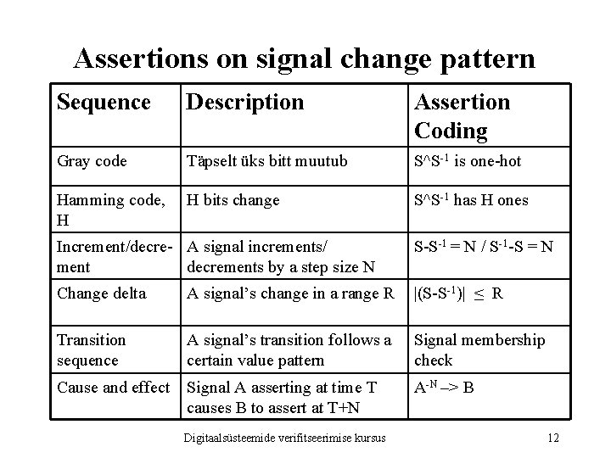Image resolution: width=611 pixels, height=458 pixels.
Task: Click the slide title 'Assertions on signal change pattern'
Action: tap(305, 58)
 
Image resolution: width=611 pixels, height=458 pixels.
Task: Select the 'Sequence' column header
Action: tap(103, 103)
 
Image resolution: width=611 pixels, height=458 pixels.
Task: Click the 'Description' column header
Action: tap(244, 103)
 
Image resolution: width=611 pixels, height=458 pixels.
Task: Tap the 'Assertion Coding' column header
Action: tap(462, 116)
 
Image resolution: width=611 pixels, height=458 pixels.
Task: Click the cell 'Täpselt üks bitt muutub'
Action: tap(266, 161)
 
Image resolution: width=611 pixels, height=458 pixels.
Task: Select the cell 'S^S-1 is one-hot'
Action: tap(468, 161)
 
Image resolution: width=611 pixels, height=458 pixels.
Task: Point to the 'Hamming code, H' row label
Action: tap(110, 209)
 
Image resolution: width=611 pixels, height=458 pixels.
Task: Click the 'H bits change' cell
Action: tap(233, 200)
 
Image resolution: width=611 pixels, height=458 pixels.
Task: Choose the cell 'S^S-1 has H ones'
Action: tap(470, 200)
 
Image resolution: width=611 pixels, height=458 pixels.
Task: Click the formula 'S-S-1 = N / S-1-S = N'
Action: tap(484, 249)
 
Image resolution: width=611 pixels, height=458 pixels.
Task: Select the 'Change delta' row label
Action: tap(101, 294)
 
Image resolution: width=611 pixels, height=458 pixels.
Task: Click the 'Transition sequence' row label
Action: tap(91, 349)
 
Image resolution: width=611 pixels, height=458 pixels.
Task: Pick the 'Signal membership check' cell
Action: tap(479, 349)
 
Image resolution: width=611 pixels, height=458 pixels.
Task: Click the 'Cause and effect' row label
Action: tap(113, 388)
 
